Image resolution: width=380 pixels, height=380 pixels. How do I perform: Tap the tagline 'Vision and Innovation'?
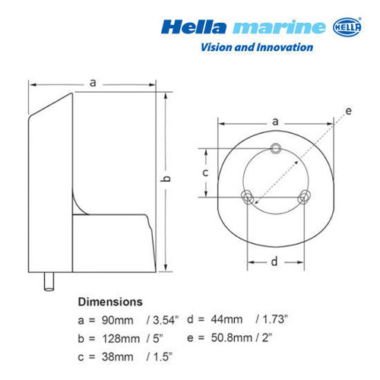[255, 47]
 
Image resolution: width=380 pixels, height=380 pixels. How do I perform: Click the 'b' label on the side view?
[167, 178]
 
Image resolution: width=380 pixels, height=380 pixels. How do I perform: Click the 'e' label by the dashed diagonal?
[348, 111]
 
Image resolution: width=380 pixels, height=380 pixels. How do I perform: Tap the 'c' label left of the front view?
[205, 173]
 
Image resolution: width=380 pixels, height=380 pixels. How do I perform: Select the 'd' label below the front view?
[275, 261]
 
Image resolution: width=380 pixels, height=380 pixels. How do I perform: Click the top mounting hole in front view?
[275, 147]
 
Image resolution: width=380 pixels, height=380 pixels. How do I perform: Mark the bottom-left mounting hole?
[247, 198]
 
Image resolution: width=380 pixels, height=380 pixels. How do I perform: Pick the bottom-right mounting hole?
[304, 198]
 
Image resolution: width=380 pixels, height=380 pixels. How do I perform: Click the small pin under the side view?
[49, 283]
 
